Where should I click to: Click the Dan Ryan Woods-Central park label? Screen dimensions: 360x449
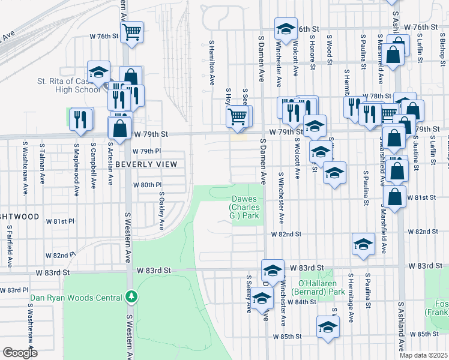pos(75,296)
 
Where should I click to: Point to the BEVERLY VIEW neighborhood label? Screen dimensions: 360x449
pos(146,164)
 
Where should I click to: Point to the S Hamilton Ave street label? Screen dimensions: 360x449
pos(212,61)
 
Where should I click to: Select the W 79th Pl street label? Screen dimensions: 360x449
pos(143,151)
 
